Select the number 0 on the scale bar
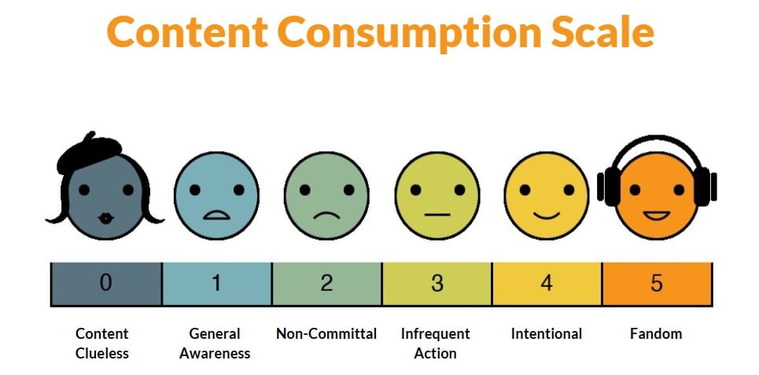click(x=105, y=284)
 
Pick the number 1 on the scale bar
click(x=216, y=284)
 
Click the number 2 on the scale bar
click(x=326, y=284)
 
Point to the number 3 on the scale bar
click(x=437, y=284)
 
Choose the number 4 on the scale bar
click(x=547, y=284)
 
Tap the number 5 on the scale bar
click(x=657, y=284)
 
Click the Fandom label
click(x=656, y=333)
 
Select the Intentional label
click(x=547, y=333)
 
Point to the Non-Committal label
click(x=326, y=333)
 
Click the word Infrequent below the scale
click(x=435, y=333)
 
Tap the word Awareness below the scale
click(x=215, y=353)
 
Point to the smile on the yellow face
click(x=546, y=213)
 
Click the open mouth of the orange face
click(x=656, y=214)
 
